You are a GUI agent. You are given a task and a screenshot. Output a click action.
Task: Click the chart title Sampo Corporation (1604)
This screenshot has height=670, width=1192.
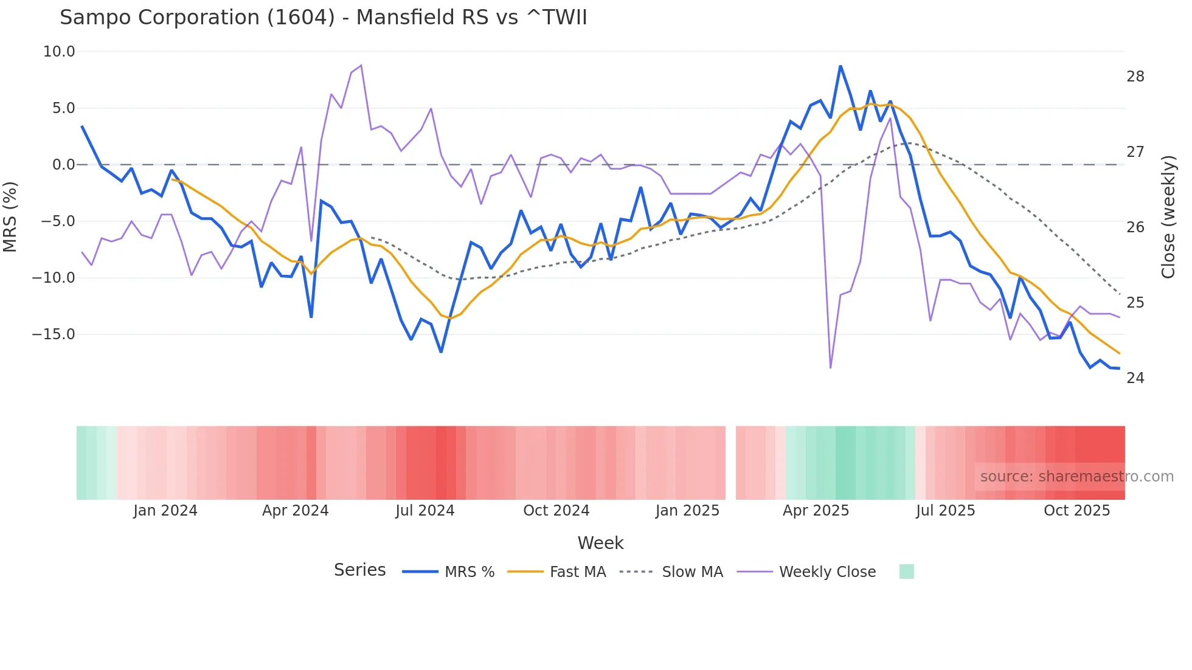tap(323, 18)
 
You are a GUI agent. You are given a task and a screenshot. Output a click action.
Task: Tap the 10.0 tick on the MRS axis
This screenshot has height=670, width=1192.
tap(59, 52)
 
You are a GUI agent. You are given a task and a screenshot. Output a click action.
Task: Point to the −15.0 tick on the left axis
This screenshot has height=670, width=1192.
tap(54, 334)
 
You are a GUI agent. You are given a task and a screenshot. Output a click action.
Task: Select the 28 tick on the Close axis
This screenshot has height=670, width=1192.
tap(1135, 77)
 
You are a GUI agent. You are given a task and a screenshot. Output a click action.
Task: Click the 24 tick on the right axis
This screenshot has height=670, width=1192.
tap(1135, 378)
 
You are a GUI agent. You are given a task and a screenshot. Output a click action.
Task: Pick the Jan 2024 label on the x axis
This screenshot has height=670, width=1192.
tap(165, 511)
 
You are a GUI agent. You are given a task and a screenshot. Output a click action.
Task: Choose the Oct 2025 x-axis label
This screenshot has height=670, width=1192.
tap(1076, 511)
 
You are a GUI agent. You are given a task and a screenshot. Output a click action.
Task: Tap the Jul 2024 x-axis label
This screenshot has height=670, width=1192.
tap(424, 511)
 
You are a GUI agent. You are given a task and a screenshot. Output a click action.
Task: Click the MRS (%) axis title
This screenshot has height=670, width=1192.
tap(10, 216)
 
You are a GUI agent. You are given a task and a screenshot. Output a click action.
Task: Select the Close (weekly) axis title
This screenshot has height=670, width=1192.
tap(1168, 217)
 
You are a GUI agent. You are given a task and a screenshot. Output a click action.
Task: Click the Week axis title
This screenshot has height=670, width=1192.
tap(600, 543)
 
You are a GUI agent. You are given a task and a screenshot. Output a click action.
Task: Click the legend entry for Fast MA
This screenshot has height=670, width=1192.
tap(577, 572)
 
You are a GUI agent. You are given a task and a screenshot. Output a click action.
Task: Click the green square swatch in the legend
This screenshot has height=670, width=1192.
tap(906, 572)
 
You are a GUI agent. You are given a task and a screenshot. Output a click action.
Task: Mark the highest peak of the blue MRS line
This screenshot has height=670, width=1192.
tap(840, 66)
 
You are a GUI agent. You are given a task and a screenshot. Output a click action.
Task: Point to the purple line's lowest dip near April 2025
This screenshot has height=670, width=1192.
tap(830, 367)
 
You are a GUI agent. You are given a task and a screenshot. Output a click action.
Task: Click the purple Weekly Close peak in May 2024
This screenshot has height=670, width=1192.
tap(361, 65)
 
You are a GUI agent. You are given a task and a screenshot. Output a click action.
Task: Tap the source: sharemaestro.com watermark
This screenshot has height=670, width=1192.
tap(1076, 477)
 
